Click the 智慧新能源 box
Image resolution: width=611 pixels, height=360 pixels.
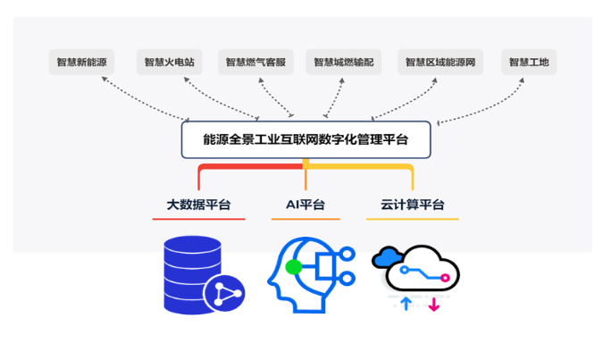(x=81, y=62)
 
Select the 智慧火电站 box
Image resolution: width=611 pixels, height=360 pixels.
(x=169, y=62)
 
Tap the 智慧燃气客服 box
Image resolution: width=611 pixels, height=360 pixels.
(x=255, y=62)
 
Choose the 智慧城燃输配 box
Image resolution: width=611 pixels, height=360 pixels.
(x=344, y=62)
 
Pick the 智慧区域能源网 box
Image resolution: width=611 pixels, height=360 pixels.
(x=440, y=62)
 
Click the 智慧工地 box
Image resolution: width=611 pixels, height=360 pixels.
(x=529, y=62)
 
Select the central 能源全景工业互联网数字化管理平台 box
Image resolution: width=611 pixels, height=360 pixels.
(x=305, y=139)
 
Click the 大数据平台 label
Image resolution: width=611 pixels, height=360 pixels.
(x=198, y=205)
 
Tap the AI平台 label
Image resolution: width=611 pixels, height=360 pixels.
(x=305, y=205)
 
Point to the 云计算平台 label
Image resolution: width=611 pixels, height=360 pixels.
(x=413, y=205)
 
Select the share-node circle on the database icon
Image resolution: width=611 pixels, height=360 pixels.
(x=224, y=293)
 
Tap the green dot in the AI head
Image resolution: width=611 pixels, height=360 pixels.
(x=294, y=267)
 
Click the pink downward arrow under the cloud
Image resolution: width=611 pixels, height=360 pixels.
(x=434, y=305)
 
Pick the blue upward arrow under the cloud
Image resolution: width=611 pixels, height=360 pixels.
(x=406, y=304)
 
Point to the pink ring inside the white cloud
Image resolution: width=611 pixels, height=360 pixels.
(x=445, y=278)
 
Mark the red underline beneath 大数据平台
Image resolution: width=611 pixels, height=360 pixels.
(x=198, y=219)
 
